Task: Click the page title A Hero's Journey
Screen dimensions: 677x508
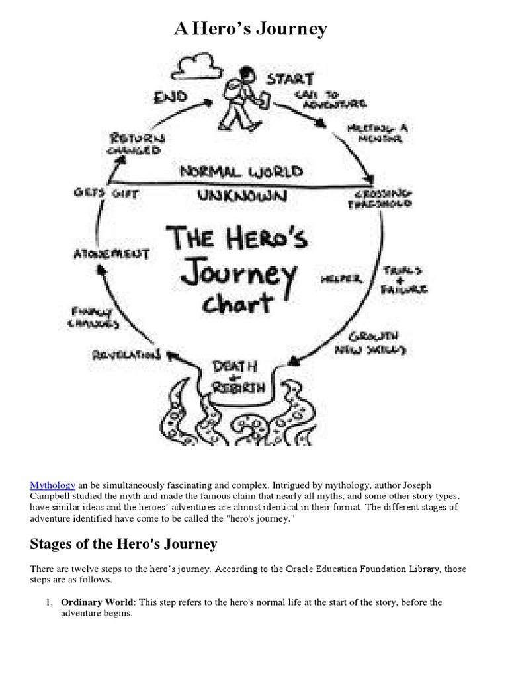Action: point(251,29)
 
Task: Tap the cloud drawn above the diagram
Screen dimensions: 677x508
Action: point(199,67)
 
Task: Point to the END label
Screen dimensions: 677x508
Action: point(171,98)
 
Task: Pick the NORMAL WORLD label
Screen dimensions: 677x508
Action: point(241,172)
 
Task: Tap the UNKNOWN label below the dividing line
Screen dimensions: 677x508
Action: point(241,195)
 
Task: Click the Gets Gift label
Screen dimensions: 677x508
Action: point(101,192)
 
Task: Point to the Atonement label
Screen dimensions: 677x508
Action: point(110,253)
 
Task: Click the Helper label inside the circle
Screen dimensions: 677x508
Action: point(341,279)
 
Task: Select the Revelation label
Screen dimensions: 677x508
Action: point(126,356)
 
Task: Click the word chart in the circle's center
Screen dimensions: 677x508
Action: point(237,303)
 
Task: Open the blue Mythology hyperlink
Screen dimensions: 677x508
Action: point(53,485)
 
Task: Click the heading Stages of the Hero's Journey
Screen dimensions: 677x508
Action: point(124,544)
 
